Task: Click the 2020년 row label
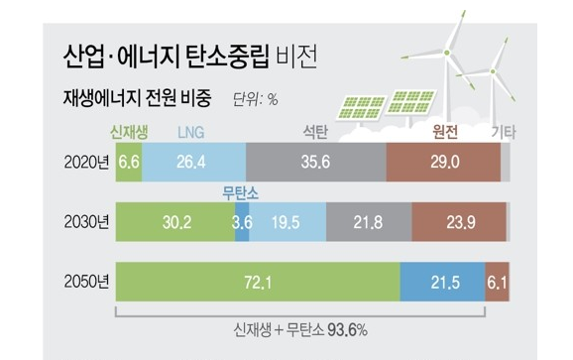[x=84, y=162]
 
